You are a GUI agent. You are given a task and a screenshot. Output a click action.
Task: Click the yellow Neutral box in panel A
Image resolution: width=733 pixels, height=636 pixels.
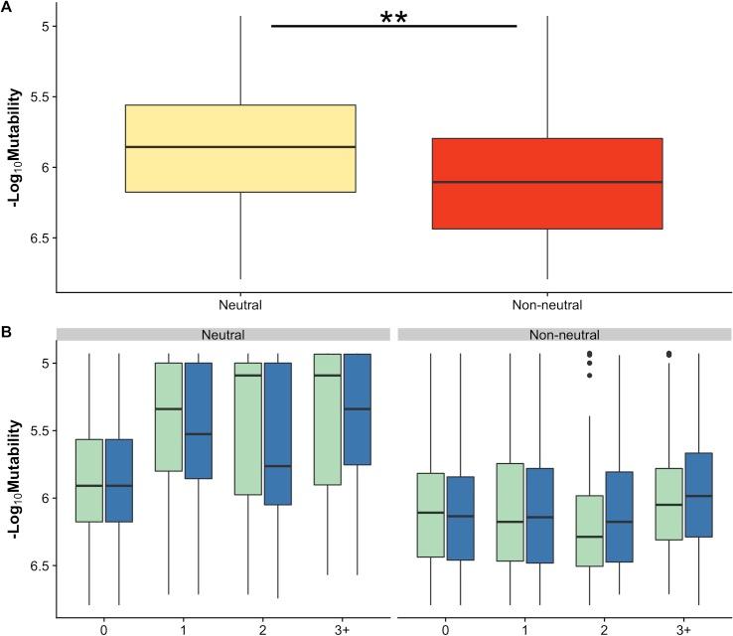[240, 148]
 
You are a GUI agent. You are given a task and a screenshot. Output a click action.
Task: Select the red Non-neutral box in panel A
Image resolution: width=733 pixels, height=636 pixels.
[547, 184]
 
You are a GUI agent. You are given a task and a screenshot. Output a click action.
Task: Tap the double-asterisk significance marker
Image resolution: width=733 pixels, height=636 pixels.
[394, 18]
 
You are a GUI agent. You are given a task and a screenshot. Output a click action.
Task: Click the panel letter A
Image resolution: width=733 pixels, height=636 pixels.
[6, 7]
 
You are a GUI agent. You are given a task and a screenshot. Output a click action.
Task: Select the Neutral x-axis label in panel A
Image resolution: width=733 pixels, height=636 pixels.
[240, 304]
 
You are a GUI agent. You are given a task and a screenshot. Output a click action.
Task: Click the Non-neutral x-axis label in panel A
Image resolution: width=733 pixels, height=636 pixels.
[547, 304]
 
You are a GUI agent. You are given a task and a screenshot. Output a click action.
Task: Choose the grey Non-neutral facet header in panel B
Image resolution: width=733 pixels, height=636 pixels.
[564, 335]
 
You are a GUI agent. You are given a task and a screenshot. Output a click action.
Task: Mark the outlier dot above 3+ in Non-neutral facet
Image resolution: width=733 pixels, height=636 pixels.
[668, 354]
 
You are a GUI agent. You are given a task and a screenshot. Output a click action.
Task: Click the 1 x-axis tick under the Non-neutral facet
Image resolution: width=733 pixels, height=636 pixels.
[524, 629]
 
